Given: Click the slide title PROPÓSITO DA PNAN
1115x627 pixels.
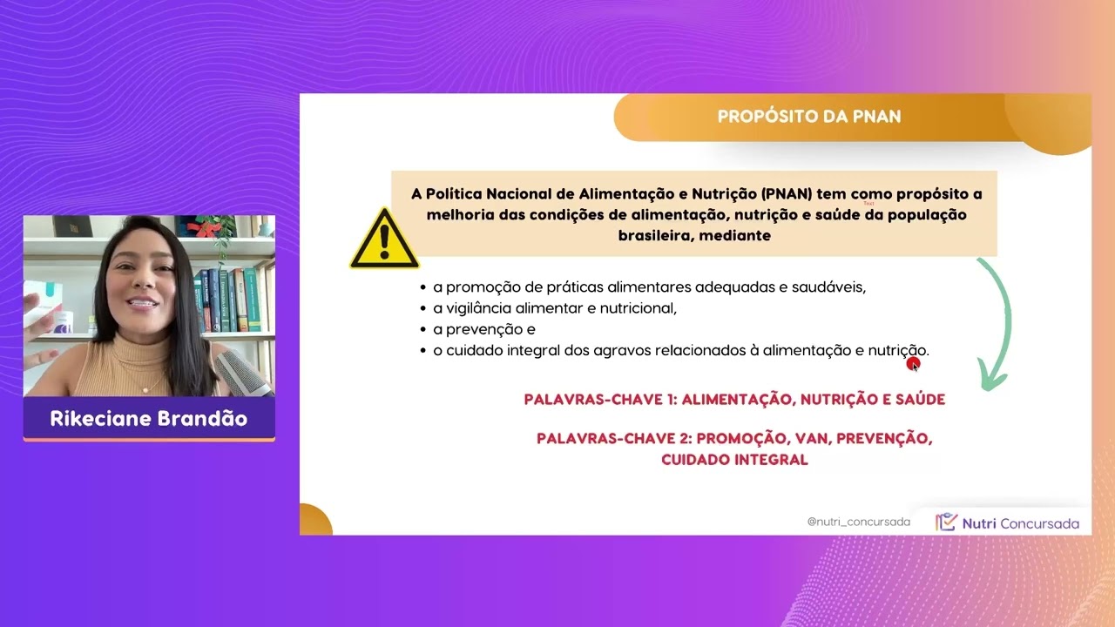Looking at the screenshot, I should pyautogui.click(x=808, y=116).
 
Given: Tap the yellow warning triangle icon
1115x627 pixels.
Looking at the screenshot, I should pyautogui.click(x=384, y=239).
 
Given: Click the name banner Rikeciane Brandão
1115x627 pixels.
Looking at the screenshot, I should pyautogui.click(x=149, y=419).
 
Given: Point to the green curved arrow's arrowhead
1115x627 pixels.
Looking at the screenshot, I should pyautogui.click(x=992, y=378).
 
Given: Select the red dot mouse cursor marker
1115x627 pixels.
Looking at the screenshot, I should pyautogui.click(x=913, y=363).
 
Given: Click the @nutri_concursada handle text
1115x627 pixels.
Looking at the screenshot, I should pyautogui.click(x=858, y=522).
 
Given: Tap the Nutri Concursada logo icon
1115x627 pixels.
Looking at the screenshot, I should pyautogui.click(x=946, y=522).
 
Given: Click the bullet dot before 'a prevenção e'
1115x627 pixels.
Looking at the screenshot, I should pyautogui.click(x=422, y=330).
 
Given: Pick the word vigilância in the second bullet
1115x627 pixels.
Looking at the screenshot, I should pyautogui.click(x=483, y=308).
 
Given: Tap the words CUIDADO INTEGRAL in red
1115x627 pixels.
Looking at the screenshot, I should pyautogui.click(x=734, y=459).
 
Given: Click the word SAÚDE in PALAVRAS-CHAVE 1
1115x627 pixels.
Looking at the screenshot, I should pyautogui.click(x=916, y=400).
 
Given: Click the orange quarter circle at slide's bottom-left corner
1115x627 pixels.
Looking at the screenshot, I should pyautogui.click(x=314, y=520).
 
